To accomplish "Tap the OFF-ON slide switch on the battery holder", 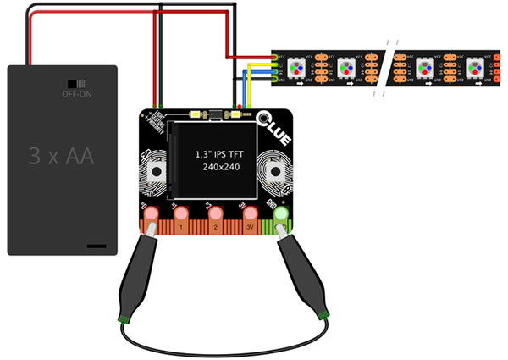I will tap(75, 85).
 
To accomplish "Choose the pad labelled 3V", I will tap(247, 216).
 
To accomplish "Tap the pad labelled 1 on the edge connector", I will tap(180, 216).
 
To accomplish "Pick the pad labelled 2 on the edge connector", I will tap(215, 216).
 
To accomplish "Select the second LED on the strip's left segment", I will tap(346, 67).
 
